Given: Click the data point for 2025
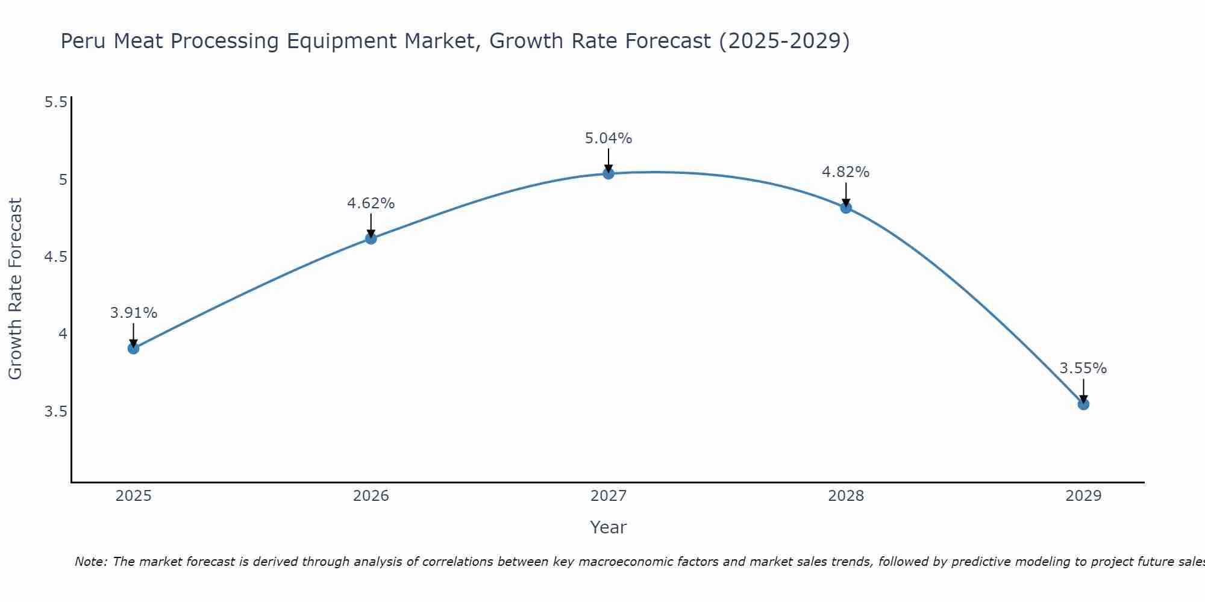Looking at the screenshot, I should click(134, 348).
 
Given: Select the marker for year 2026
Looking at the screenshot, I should click(371, 238).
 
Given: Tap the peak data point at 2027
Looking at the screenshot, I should click(609, 173).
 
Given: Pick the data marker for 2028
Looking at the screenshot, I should click(846, 208).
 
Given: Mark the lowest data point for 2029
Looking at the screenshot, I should click(1083, 404).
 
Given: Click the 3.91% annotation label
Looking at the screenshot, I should click(134, 313).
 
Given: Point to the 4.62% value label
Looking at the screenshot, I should click(371, 203).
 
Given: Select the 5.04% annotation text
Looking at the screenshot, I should click(609, 138).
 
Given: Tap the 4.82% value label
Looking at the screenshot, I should click(846, 172).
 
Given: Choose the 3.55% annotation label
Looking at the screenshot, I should click(1083, 368).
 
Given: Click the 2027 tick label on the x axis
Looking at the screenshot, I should click(609, 496).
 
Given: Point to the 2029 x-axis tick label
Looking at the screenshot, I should click(1083, 496).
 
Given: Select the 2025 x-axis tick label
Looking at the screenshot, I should click(134, 496).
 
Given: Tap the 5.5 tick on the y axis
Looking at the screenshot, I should click(56, 102).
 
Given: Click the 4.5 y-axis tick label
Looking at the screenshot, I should click(56, 257).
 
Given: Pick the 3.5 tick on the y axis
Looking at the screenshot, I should click(56, 412).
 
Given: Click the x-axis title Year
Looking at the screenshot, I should click(609, 527).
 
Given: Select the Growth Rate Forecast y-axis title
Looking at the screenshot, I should click(15, 289).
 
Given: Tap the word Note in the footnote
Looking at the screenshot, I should click(90, 562).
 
